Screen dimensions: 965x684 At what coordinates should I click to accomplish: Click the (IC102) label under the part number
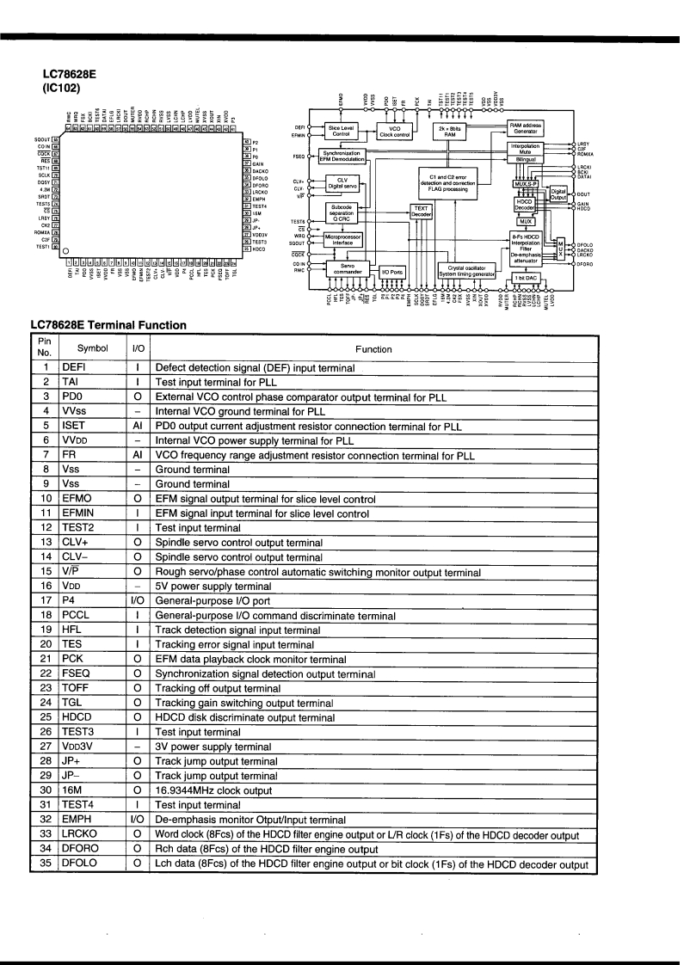[58, 87]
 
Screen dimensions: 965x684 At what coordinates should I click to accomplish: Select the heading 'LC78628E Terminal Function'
[108, 324]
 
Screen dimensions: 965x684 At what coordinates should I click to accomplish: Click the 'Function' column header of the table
[374, 349]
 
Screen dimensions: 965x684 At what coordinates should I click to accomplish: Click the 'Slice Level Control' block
[341, 132]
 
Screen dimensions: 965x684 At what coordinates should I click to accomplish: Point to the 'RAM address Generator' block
[525, 129]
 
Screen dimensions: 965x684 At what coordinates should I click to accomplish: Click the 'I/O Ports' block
[391, 271]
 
